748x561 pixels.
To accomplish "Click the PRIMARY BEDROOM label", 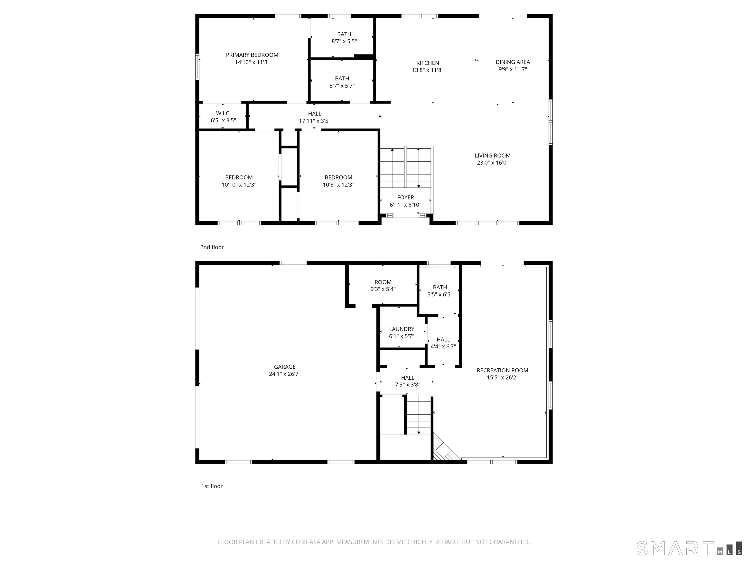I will [x=252, y=55].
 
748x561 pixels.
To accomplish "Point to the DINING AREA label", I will [x=513, y=62].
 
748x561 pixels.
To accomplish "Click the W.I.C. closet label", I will [x=223, y=113].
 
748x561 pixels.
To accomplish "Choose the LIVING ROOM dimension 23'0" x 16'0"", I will [x=492, y=163].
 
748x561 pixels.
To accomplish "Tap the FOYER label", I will [x=405, y=197].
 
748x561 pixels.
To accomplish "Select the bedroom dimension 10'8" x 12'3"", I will [x=338, y=185].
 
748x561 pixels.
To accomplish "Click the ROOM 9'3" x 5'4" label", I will [x=383, y=282].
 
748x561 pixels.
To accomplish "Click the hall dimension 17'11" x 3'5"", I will [x=315, y=121].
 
